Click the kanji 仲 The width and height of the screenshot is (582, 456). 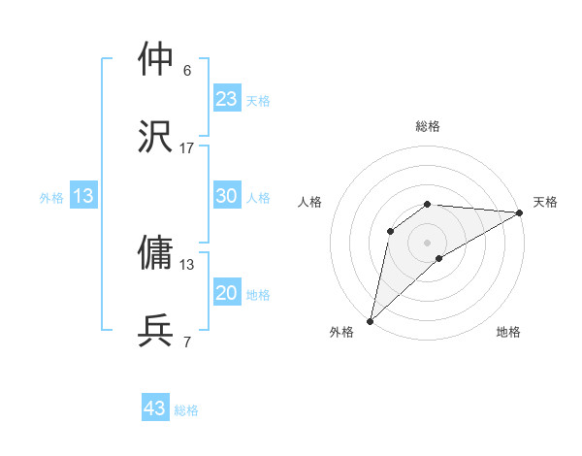(x=156, y=60)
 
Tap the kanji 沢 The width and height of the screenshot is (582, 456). (x=156, y=136)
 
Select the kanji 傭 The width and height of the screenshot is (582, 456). (x=156, y=252)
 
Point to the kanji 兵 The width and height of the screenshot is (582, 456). (x=156, y=331)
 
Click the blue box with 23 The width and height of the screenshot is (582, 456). (x=226, y=99)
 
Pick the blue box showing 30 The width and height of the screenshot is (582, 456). (x=226, y=196)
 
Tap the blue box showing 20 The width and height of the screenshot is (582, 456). (x=226, y=293)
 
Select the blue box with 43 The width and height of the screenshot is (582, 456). (x=155, y=408)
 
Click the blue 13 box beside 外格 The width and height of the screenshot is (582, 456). (x=83, y=196)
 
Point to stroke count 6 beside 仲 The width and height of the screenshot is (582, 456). (x=187, y=71)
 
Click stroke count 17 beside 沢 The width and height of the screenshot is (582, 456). (x=187, y=147)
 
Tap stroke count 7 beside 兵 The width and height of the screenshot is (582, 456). (x=187, y=342)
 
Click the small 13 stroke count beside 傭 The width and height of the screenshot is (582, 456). (x=187, y=264)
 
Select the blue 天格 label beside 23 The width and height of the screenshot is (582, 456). (x=258, y=101)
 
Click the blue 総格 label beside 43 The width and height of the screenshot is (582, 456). (x=187, y=410)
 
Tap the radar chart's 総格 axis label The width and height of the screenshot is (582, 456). (x=428, y=126)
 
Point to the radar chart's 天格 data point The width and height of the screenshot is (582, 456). (x=520, y=212)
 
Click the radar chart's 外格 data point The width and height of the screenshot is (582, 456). (x=370, y=320)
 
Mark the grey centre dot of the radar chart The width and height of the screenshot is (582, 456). (x=428, y=242)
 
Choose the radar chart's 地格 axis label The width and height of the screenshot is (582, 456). (x=508, y=332)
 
